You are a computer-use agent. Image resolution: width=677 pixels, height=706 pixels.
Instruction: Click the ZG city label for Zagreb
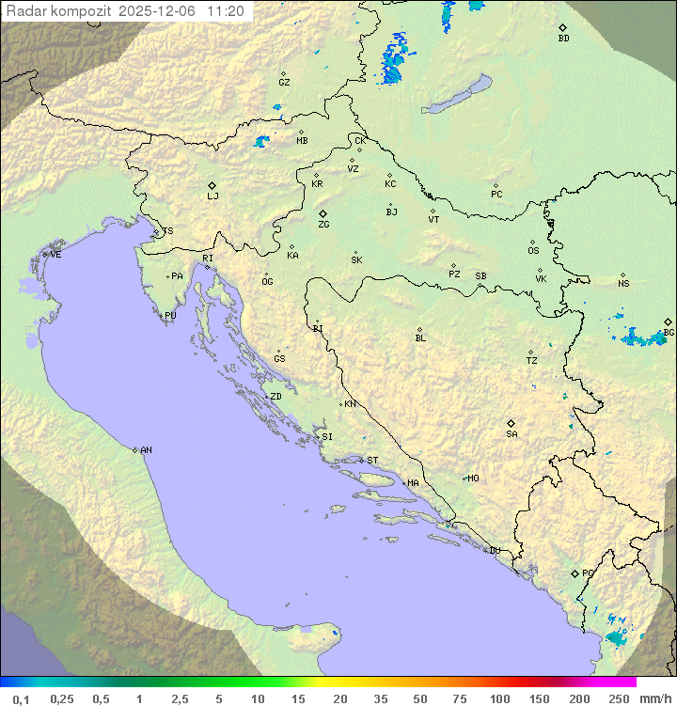323,225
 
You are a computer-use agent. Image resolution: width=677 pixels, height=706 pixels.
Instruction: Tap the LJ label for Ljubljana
213,196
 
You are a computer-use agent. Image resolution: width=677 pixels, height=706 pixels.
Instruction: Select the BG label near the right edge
669,332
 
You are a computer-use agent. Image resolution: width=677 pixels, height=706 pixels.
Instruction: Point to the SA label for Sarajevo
512,433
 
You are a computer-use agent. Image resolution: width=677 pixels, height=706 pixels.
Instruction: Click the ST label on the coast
372,461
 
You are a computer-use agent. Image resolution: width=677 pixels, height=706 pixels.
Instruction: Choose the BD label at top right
563,39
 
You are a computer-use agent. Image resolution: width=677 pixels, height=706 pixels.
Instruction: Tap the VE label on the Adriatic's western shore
55,255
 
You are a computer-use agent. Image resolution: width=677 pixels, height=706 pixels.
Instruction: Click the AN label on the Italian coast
146,450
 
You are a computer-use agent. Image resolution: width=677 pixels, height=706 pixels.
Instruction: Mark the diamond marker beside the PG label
575,573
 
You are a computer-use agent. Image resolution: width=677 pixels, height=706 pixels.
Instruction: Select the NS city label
623,284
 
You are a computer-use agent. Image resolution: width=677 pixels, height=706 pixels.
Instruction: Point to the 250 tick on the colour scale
618,698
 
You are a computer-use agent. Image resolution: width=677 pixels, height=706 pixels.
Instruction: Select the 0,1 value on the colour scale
21,698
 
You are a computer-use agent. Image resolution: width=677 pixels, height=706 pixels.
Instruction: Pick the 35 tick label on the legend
381,698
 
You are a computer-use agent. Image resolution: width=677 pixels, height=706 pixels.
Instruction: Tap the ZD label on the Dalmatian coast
276,397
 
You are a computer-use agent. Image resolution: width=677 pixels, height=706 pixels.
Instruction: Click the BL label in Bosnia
420,337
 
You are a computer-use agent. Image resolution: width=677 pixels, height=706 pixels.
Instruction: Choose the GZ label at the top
284,82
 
